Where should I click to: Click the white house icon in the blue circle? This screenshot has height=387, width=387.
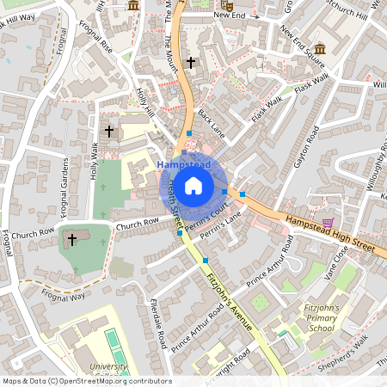click(193, 185)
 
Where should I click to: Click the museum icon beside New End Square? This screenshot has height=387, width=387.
click(320, 48)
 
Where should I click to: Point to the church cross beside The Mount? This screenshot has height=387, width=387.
click(191, 63)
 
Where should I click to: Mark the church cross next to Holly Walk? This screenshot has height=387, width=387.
click(109, 132)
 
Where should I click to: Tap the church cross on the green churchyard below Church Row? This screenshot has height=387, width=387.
click(72, 239)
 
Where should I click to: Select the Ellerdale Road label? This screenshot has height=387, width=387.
click(157, 323)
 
